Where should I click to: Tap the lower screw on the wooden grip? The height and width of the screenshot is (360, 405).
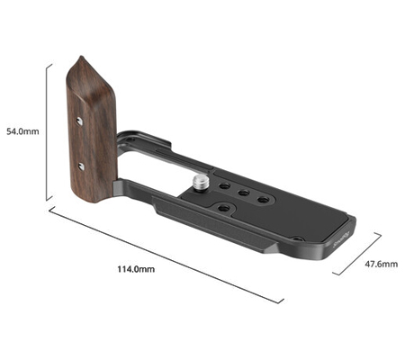pos(81,165)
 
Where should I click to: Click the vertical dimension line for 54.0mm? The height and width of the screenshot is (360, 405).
pos(47,130)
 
